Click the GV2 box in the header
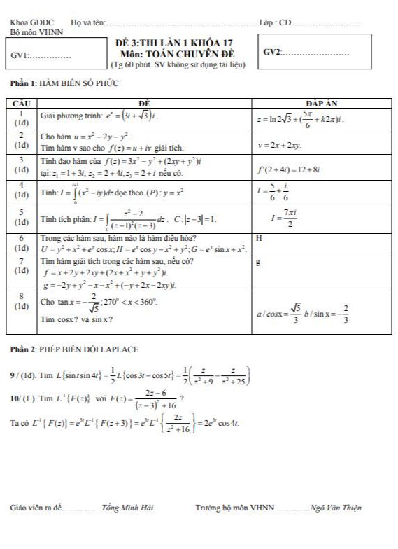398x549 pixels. click(315, 53)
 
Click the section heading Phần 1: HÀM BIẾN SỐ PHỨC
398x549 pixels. click(64, 83)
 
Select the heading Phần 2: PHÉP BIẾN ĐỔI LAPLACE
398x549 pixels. click(73, 348)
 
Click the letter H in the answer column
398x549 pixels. click(259, 238)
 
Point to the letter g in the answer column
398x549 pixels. click(259, 263)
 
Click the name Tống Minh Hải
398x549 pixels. click(127, 508)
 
